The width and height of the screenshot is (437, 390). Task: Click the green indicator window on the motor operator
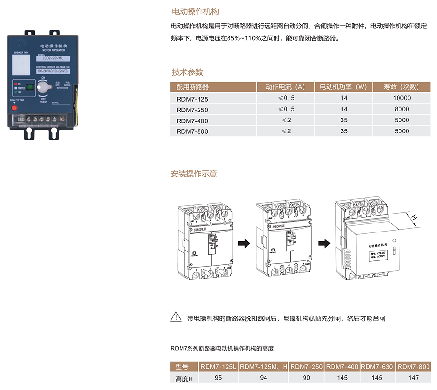click(29, 87)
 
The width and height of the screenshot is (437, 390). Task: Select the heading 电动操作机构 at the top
click(195, 11)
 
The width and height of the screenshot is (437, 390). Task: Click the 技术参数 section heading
click(188, 72)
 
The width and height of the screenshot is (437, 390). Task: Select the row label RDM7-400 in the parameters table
click(192, 121)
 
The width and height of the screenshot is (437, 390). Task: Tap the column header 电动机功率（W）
click(343, 87)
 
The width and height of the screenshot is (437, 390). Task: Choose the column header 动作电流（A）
click(285, 87)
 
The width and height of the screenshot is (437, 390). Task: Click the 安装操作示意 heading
click(194, 174)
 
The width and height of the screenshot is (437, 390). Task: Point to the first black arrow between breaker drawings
click(244, 243)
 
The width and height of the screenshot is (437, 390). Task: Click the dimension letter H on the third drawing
click(414, 217)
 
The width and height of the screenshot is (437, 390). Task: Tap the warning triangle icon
click(176, 317)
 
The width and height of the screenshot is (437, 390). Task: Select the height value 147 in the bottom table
click(413, 378)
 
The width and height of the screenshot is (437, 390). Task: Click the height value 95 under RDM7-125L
click(218, 378)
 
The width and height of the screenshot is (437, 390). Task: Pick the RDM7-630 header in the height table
click(378, 367)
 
